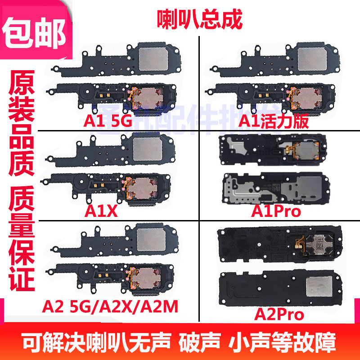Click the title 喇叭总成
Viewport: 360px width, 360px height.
(x=199, y=19)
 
